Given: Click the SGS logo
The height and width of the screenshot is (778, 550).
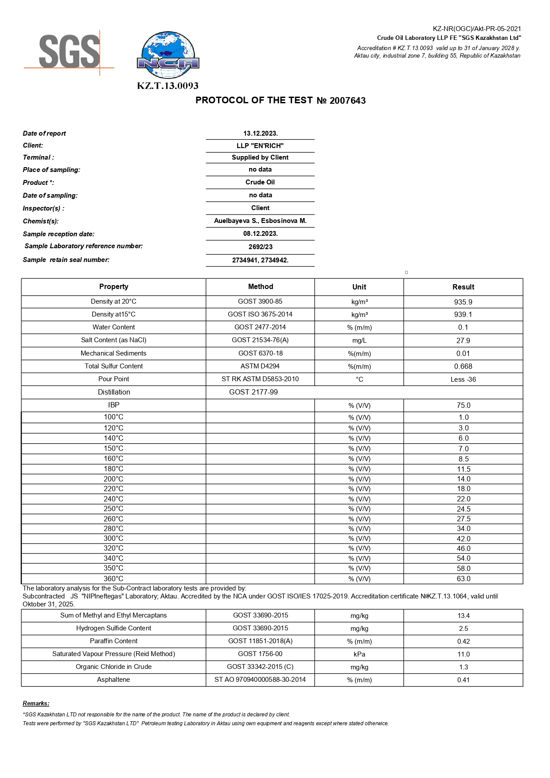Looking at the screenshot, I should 69,52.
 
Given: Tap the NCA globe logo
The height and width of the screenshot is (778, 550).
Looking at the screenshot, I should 168,55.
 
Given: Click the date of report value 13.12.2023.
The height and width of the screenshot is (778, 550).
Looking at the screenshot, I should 260,133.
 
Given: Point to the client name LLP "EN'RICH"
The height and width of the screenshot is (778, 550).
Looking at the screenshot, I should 260,145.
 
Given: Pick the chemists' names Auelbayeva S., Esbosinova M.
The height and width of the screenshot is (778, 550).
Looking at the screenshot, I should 260,221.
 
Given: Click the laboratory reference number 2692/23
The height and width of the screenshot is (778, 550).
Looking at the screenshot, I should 260,247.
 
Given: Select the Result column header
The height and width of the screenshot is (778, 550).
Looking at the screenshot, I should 463,287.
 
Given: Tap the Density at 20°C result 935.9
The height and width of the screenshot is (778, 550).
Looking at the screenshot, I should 463,302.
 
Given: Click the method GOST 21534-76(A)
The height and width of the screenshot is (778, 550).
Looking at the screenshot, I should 260,340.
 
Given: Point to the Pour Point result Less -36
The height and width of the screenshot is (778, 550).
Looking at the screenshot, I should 463,379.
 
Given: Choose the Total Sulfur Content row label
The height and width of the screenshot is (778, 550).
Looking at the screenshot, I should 113,366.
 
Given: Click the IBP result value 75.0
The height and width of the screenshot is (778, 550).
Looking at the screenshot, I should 463,405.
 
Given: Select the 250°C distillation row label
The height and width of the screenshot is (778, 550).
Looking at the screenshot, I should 113,508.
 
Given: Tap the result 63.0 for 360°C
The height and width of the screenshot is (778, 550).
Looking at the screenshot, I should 463,579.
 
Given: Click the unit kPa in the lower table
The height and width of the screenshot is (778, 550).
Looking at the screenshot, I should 359,654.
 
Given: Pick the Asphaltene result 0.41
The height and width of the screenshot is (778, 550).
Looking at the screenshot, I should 463,680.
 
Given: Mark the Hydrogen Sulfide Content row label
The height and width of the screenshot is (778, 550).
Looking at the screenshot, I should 113,628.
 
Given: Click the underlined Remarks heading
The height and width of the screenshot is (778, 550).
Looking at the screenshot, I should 36,703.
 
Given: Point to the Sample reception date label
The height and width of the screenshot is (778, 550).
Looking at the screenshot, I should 59,234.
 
